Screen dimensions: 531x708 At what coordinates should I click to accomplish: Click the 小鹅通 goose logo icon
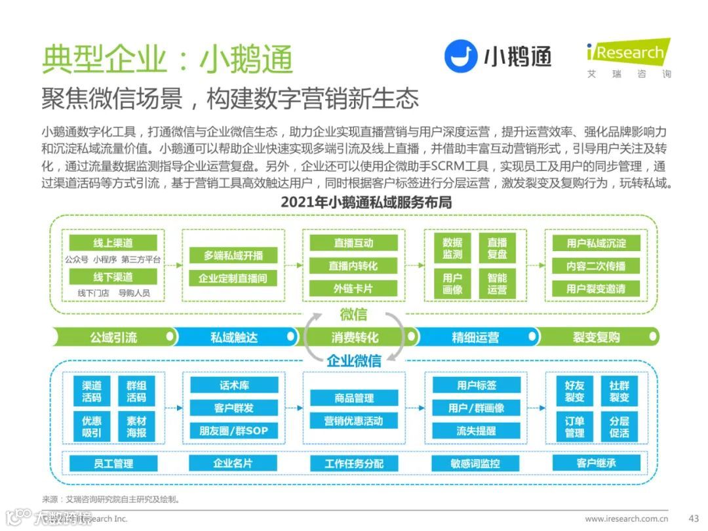coord(461,56)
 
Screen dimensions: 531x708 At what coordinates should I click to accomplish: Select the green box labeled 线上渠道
coord(113,243)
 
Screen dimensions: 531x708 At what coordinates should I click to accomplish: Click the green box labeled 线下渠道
coord(113,277)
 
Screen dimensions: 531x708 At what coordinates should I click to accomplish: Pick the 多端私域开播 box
coord(233,256)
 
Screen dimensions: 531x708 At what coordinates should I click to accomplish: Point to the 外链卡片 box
coord(354,288)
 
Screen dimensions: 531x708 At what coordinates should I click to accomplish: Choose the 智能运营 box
coord(497,283)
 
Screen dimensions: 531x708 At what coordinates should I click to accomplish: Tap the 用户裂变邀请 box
coord(596,288)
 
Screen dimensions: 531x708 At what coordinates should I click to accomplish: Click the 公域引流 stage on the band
coord(113,338)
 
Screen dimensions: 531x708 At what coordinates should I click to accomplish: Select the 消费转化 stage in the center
coord(355,338)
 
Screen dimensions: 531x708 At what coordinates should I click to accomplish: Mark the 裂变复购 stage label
coord(596,338)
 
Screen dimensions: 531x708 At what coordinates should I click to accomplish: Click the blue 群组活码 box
coord(136,391)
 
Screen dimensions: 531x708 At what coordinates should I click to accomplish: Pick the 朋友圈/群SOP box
coord(233,431)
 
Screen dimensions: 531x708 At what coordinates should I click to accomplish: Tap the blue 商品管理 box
coord(354,398)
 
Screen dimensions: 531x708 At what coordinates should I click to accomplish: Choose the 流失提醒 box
coord(477,431)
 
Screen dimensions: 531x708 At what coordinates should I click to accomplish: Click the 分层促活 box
coord(619,426)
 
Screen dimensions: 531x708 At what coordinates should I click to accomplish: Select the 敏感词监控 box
coord(476,463)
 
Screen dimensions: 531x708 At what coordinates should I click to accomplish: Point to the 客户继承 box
coord(597,463)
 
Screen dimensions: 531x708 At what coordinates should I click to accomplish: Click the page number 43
coord(694,518)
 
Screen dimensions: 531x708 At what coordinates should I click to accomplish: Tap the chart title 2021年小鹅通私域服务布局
coord(366,202)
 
